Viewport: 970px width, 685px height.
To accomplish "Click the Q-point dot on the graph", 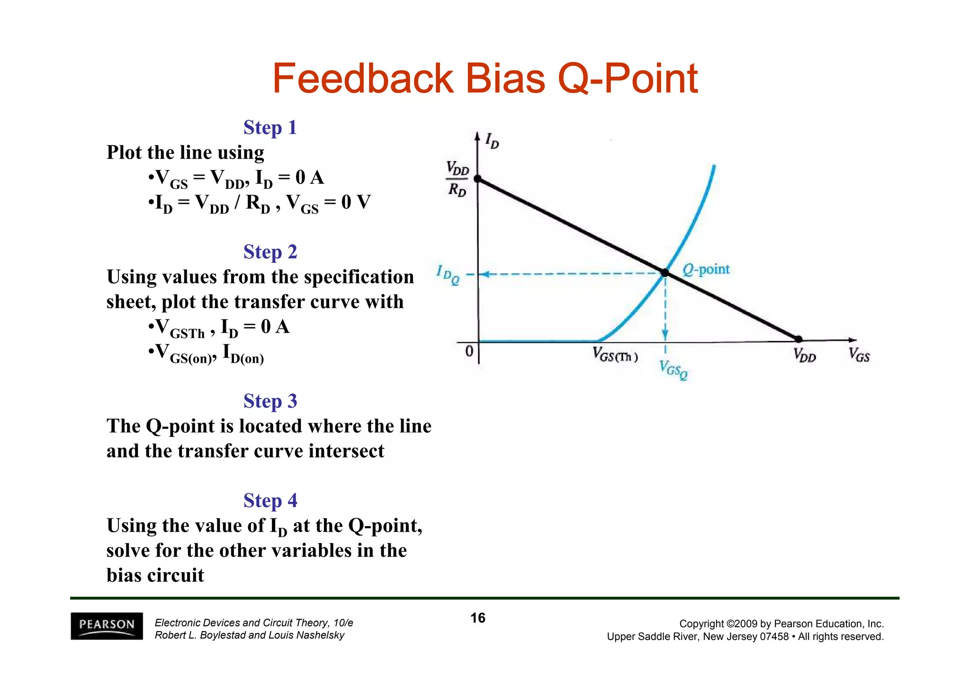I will tap(665, 273).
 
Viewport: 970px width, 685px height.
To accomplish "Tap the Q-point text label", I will tap(706, 269).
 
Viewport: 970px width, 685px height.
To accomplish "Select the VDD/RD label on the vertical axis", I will tap(458, 179).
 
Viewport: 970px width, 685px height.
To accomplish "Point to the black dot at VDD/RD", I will tap(478, 179).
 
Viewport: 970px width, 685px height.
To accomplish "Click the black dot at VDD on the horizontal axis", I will tap(799, 339).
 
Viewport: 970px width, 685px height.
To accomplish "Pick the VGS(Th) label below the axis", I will tap(615, 355).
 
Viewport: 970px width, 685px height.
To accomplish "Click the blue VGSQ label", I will tap(673, 370).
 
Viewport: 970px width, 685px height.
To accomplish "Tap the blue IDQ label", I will tap(448, 275).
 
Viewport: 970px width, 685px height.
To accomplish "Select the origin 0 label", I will tap(469, 351).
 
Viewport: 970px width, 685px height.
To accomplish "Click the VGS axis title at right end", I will tap(859, 355).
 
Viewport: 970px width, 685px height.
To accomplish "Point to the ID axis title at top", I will tap(492, 141).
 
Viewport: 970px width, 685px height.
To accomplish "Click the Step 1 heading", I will tap(270, 127).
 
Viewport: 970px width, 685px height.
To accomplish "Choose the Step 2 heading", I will tap(270, 252).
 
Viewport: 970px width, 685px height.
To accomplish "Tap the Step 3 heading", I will tap(270, 401).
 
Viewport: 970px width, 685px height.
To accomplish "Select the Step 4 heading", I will tap(270, 500).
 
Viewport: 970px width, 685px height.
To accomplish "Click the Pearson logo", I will tap(107, 626).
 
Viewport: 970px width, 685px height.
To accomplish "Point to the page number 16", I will tap(478, 618).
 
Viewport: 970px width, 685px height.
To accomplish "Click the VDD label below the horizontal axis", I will tap(805, 355).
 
